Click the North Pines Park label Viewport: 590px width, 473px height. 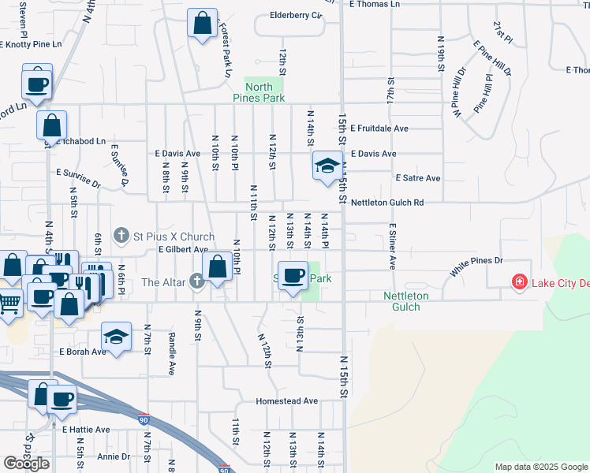coord(259,92)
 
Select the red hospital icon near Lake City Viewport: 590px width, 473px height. coord(519,282)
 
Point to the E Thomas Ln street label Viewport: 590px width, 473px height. coord(375,4)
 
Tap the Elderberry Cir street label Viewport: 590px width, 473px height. coord(297,15)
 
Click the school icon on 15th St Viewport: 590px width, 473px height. coord(327,166)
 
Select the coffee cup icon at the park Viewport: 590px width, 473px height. coord(293,276)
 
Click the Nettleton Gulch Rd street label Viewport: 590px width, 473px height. coord(387,203)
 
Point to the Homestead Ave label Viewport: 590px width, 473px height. coord(286,401)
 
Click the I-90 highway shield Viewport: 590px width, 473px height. coord(142,419)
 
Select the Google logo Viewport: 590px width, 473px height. coord(26,464)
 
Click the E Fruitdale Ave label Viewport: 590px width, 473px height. coord(379,128)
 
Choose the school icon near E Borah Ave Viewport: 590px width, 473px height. coord(116,338)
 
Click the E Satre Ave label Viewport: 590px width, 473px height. coord(417,178)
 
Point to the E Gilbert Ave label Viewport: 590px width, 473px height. coord(182,249)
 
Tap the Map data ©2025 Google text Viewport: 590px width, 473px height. coord(540,467)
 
